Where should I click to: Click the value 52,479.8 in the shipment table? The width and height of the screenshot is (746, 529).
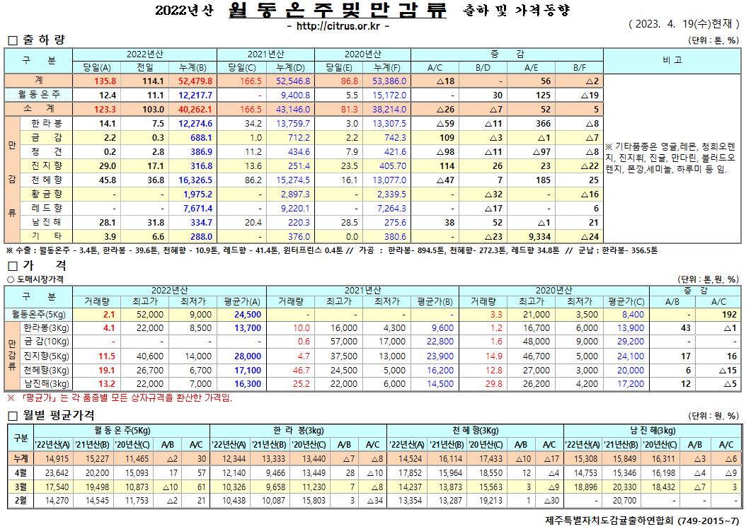191,81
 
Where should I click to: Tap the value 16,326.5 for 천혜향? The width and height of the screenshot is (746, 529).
191,180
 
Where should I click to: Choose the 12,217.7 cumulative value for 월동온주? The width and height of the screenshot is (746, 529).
192,95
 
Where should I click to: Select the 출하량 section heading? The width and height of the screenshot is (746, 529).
40,40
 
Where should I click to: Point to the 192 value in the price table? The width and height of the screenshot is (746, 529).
730,314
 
